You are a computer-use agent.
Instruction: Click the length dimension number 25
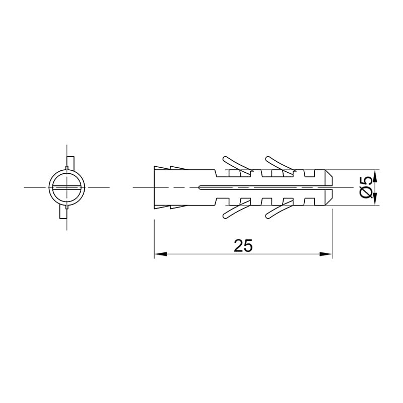click(243, 245)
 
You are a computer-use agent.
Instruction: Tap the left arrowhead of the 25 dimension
click(160, 254)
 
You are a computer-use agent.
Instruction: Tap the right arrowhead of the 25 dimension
click(325, 254)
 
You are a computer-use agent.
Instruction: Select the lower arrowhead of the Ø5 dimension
click(375, 199)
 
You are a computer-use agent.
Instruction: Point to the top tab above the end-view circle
click(71, 162)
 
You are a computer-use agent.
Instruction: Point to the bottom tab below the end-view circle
click(63, 212)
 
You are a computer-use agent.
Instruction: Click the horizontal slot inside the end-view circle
click(67, 187)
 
